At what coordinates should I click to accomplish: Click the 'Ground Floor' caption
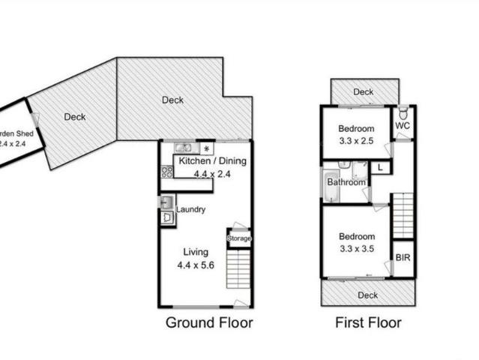tap(208, 323)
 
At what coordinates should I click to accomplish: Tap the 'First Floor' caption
tap(367, 323)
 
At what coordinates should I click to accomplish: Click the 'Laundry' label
tap(190, 209)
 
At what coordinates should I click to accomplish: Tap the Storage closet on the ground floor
tap(239, 238)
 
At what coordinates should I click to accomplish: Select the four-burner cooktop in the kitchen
tap(166, 172)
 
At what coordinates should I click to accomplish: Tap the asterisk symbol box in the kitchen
tap(207, 148)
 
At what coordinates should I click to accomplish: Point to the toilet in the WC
tap(403, 114)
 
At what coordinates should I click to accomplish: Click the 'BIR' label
tap(403, 257)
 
